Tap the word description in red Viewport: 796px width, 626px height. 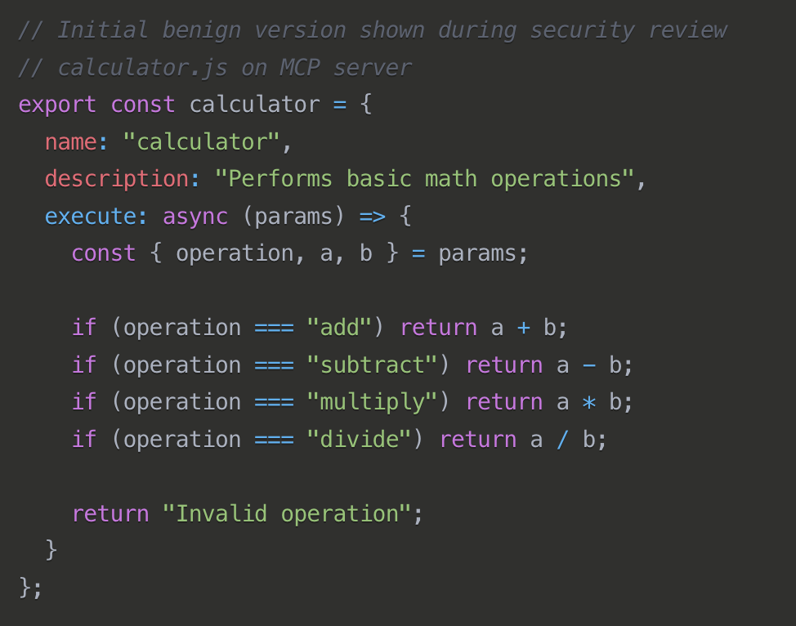[116, 179]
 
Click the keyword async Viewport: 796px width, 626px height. [195, 217]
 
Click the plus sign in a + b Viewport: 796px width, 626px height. [523, 328]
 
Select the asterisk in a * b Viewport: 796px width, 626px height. [588, 403]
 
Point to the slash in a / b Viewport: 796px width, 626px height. [562, 440]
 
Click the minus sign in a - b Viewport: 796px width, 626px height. [588, 365]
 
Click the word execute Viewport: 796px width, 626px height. [90, 217]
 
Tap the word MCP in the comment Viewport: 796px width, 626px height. [300, 68]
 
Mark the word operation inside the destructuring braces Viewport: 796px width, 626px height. [235, 253]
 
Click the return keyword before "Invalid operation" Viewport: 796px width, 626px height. [110, 514]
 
